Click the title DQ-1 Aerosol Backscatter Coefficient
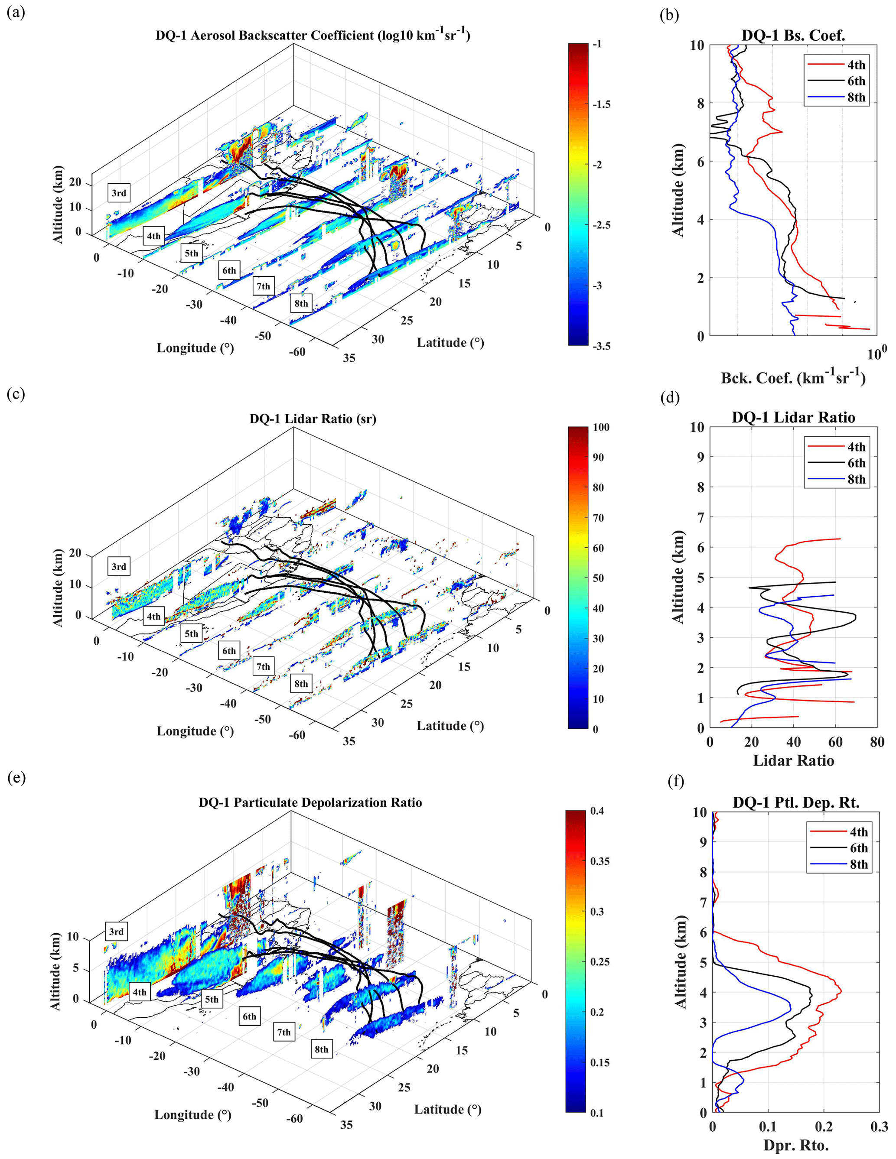click(313, 36)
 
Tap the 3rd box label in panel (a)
click(119, 193)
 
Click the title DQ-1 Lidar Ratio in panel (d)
click(793, 418)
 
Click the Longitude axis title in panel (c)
click(195, 731)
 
